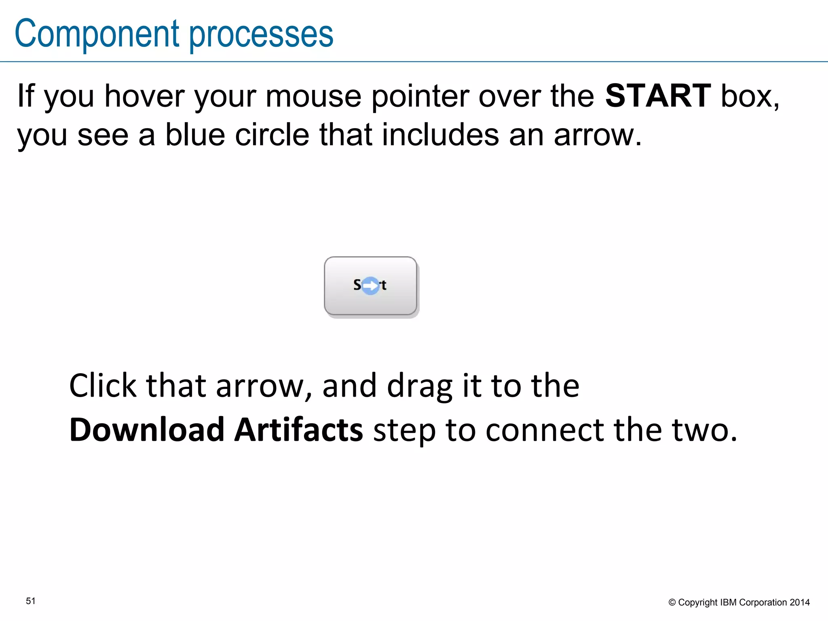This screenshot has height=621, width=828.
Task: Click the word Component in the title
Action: [97, 34]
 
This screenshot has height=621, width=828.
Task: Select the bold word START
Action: [658, 96]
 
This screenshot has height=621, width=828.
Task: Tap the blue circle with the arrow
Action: [370, 286]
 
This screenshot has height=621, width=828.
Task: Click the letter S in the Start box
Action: [357, 285]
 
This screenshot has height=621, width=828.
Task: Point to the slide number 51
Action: [31, 601]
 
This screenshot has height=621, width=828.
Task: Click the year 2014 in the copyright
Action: [800, 602]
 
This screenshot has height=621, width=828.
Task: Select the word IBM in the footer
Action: [729, 602]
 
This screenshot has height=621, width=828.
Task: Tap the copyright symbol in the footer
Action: [672, 603]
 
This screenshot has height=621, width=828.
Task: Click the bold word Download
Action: [147, 430]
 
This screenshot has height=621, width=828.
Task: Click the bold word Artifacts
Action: [299, 430]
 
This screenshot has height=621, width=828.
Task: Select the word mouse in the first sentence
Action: [313, 97]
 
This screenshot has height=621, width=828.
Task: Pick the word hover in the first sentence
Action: [144, 97]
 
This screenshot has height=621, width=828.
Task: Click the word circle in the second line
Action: [272, 135]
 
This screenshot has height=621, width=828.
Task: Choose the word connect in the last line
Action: [545, 430]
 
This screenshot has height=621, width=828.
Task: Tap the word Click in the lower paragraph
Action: [103, 386]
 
